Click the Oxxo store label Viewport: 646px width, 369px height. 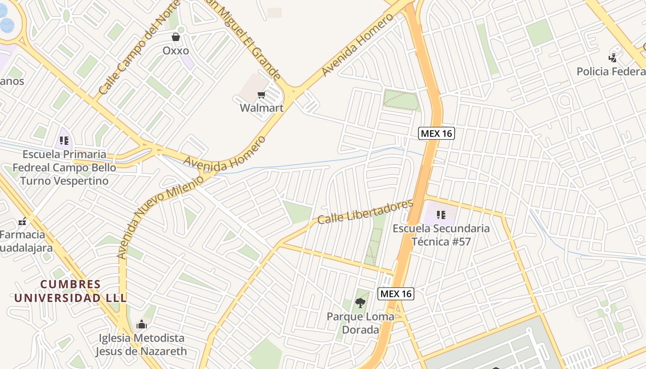point(176,50)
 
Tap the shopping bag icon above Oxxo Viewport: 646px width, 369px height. point(176,37)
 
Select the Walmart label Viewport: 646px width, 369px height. point(262,108)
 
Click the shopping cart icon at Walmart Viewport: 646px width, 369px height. point(262,95)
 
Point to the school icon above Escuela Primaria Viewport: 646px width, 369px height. point(64,141)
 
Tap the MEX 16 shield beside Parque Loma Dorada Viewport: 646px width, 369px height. point(396,294)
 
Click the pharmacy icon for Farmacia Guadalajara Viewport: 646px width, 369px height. point(22,222)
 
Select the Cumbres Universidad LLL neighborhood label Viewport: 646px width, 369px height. point(70,291)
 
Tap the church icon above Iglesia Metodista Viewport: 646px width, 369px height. point(142,325)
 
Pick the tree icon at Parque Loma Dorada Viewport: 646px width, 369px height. point(360,303)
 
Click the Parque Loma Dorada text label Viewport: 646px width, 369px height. point(360,323)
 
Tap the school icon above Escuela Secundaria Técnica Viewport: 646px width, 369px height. point(441,215)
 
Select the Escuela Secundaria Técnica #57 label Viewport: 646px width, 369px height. point(441,235)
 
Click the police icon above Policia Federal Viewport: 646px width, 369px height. point(613,58)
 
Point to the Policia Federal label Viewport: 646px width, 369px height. point(611,71)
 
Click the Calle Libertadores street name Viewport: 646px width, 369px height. point(365,212)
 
